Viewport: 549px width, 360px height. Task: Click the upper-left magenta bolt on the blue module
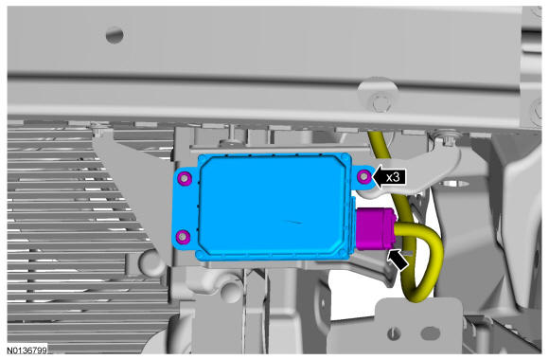185,178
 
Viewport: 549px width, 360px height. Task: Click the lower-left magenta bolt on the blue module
183,237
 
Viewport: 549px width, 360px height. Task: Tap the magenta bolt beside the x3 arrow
364,176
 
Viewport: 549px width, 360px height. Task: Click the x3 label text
393,177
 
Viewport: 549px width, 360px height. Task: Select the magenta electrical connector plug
377,228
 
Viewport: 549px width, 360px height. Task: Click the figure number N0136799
27,351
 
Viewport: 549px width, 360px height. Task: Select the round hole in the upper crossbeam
115,35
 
